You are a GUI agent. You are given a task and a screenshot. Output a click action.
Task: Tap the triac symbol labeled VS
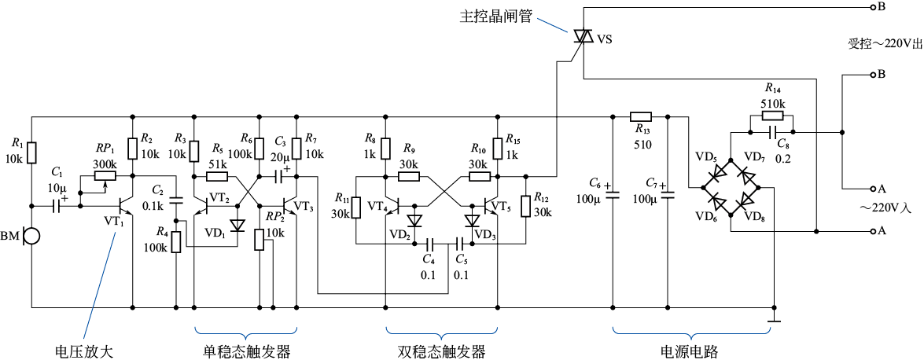[583, 35]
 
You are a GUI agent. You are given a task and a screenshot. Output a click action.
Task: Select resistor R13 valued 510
[641, 116]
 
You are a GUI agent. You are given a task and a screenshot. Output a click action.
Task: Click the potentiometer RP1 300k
[105, 176]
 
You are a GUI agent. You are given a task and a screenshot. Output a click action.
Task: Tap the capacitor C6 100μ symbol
[612, 191]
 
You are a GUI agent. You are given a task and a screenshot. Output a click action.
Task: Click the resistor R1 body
[32, 152]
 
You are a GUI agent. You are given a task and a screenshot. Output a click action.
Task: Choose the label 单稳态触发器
[243, 351]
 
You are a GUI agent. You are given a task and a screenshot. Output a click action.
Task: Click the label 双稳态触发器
[436, 351]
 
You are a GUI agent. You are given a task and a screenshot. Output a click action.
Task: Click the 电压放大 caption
[84, 351]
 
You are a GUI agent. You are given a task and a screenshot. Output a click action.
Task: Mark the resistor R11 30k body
[355, 207]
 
